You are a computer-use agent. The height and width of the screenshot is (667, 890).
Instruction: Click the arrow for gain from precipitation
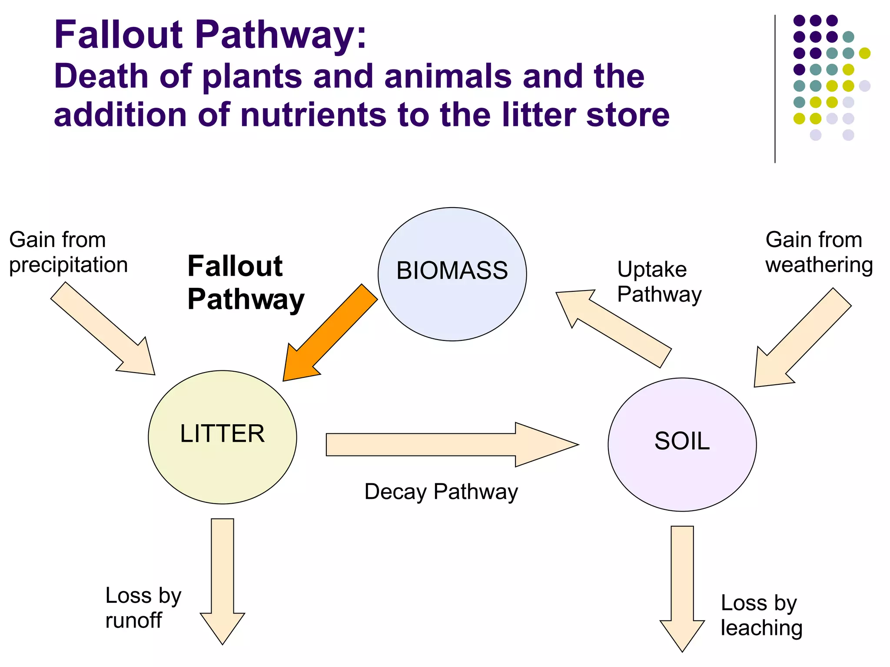[x=104, y=330]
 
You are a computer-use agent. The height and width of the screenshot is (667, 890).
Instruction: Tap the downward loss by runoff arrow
[x=222, y=578]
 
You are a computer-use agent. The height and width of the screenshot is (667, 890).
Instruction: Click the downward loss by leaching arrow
[x=682, y=586]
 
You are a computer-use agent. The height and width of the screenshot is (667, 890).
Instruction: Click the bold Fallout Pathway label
[x=246, y=283]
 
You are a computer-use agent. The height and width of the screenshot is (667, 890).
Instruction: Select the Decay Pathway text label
[x=441, y=492]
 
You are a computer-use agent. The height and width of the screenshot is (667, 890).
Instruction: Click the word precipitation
[x=68, y=265]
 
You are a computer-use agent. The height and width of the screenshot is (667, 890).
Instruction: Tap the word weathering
[x=819, y=265]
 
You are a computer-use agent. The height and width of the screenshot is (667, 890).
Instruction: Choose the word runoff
[x=133, y=620]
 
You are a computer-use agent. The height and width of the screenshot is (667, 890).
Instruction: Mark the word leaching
[x=761, y=628]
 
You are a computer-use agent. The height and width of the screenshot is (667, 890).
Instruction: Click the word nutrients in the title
[x=313, y=115]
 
